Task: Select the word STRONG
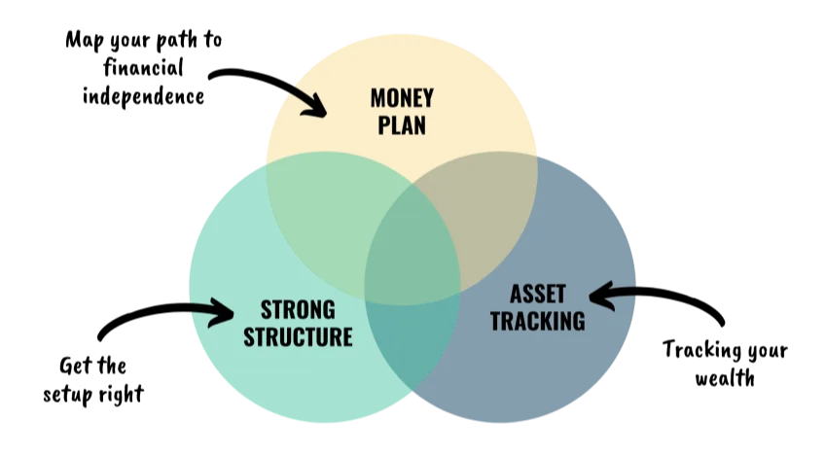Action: [x=297, y=311]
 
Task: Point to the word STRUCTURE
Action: [x=297, y=337]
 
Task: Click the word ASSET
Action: [x=537, y=295]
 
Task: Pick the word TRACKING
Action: [x=537, y=321]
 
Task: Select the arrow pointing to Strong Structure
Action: [x=211, y=311]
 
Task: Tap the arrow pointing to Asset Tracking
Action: [x=613, y=294]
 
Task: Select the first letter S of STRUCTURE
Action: [x=249, y=337]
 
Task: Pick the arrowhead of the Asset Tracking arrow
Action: [x=596, y=295]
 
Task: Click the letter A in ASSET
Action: [x=515, y=295]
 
